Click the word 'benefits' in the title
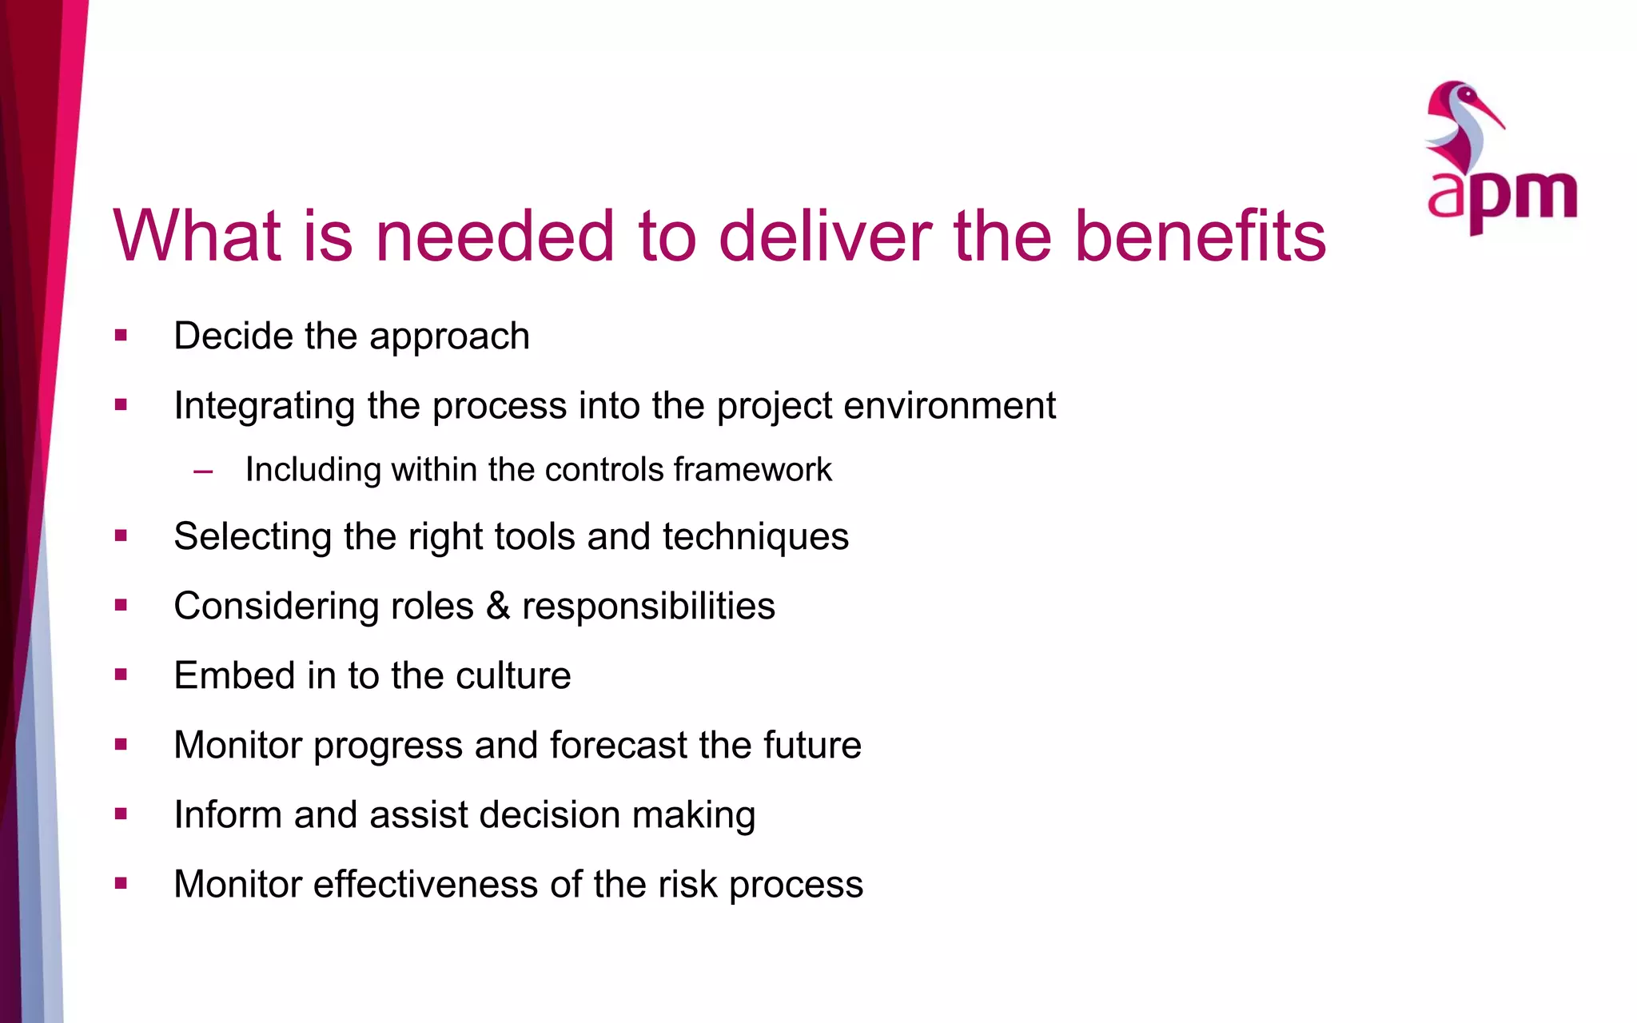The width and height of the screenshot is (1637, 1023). click(x=1200, y=236)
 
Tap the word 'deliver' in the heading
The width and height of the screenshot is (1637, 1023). click(x=825, y=236)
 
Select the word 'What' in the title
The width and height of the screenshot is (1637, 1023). click(x=197, y=236)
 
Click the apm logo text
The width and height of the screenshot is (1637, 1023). click(x=1502, y=196)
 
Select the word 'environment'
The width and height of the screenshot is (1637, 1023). click(x=950, y=405)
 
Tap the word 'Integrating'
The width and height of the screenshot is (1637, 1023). click(x=264, y=406)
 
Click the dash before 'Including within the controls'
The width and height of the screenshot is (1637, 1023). click(x=203, y=471)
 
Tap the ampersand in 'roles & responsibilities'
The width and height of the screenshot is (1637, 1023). click(x=497, y=606)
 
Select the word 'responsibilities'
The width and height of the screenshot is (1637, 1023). click(x=648, y=607)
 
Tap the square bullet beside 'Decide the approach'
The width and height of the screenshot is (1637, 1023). click(x=121, y=336)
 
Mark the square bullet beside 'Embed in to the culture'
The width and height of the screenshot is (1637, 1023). click(x=121, y=675)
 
